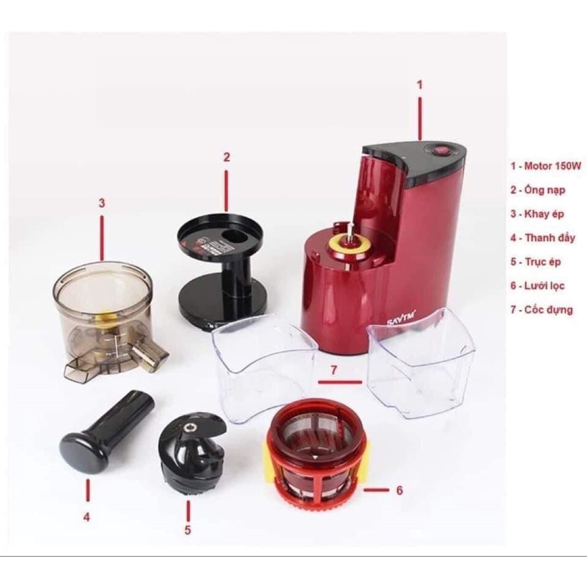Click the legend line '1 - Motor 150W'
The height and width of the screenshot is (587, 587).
click(546, 166)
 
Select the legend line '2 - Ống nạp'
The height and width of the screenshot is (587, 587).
click(538, 190)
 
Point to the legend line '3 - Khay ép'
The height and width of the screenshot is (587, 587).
click(537, 214)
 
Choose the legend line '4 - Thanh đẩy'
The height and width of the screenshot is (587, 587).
click(542, 238)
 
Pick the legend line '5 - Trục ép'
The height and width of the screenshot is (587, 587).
click(536, 261)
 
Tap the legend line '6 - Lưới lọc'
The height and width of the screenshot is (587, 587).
click(538, 285)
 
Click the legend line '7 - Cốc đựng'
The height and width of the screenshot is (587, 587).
click(542, 310)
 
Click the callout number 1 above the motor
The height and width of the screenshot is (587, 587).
click(420, 85)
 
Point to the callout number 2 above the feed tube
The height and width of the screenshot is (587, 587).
click(226, 157)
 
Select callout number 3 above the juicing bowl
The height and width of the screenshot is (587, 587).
click(101, 204)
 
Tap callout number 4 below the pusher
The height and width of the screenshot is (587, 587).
click(87, 518)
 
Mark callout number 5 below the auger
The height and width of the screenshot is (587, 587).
click(187, 530)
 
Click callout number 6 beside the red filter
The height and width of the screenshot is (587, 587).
click(400, 490)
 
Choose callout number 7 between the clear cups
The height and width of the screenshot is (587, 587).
click(334, 370)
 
